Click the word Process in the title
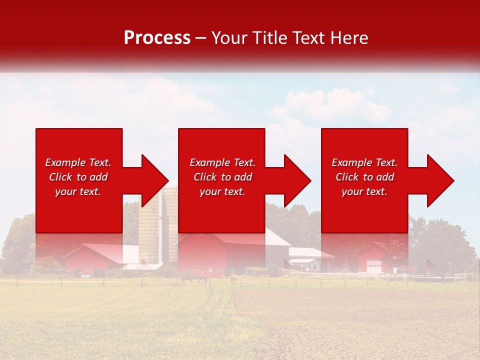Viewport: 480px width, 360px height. [x=157, y=38]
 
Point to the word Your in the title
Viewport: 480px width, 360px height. [x=229, y=38]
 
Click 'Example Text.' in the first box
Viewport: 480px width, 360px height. [x=78, y=162]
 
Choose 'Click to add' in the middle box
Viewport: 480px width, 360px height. [x=222, y=177]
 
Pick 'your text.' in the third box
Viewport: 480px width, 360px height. [x=364, y=191]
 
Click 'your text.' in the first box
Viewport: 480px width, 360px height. [x=78, y=191]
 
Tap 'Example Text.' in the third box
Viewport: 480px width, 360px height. [x=364, y=162]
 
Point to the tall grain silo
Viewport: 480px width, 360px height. [x=149, y=230]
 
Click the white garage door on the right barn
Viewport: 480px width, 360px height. [x=373, y=266]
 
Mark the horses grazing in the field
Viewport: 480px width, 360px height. [x=195, y=278]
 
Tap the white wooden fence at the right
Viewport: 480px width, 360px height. [x=450, y=276]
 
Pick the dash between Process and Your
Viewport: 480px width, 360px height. [x=200, y=38]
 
